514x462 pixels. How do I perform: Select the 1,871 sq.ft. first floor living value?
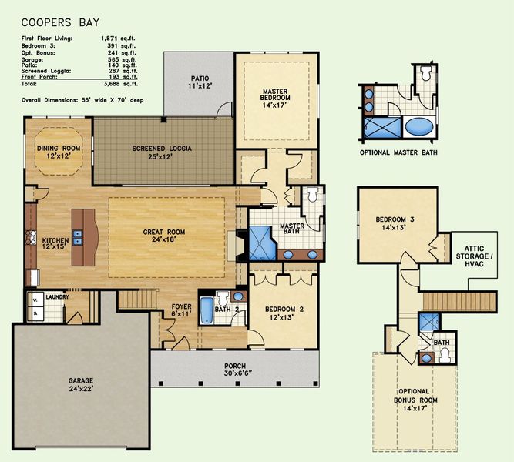coord(119,37)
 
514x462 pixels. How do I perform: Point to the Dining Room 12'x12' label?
coord(59,152)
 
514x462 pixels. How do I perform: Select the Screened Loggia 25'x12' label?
coord(162,152)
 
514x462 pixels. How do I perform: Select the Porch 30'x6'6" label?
coord(236,370)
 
